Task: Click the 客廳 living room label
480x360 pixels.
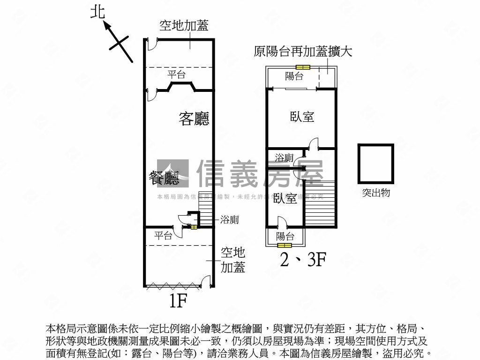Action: click(194, 119)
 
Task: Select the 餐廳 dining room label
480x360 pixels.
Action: click(164, 178)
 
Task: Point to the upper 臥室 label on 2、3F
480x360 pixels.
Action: click(302, 117)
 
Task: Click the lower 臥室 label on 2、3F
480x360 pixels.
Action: click(285, 198)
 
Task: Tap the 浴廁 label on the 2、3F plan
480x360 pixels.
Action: click(284, 158)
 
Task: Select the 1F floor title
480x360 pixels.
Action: click(178, 300)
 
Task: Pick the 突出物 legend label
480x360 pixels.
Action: click(375, 193)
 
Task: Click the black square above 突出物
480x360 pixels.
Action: click(375, 164)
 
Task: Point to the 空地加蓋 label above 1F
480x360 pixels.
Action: click(184, 26)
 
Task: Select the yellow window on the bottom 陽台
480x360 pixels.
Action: click(284, 245)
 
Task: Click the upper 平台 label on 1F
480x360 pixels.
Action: click(177, 74)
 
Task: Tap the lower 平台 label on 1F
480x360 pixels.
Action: click(163, 236)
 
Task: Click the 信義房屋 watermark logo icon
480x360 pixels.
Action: click(172, 173)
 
